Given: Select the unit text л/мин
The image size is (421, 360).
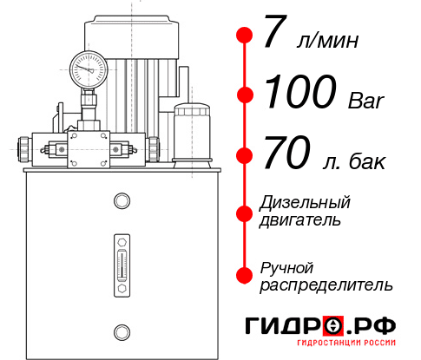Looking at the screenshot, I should click(326, 41).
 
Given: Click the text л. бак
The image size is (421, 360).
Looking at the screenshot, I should click(350, 160).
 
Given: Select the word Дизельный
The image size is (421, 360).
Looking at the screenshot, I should click(306, 203).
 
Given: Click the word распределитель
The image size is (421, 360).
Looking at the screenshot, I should click(326, 285).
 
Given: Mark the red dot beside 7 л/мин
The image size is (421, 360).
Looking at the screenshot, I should click(245, 36).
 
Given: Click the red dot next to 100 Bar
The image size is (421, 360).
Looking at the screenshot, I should click(245, 95).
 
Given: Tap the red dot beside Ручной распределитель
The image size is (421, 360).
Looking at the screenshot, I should click(245, 274).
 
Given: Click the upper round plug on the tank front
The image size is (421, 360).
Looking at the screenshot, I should click(121, 201).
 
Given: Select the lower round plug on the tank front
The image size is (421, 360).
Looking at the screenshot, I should click(121, 331).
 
